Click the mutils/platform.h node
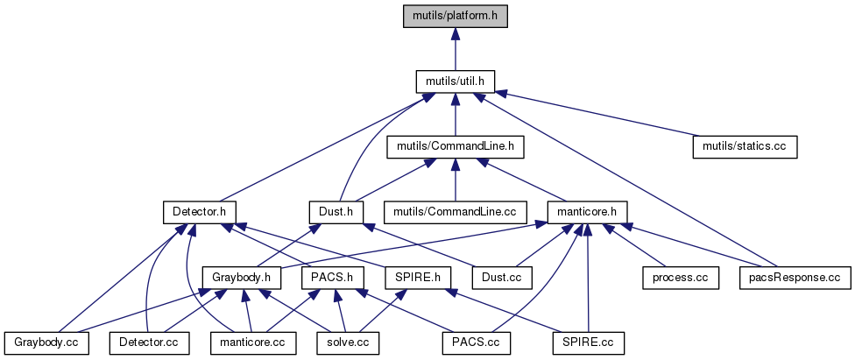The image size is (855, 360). [455, 16]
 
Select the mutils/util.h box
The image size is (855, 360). [455, 81]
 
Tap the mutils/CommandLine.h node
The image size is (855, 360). [455, 146]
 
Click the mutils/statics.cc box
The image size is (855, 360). [745, 146]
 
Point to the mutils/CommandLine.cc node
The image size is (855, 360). [455, 211]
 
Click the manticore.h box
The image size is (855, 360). [584, 211]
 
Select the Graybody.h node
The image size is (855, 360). [241, 277]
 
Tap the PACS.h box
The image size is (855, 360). [332, 277]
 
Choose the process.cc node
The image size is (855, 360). [680, 277]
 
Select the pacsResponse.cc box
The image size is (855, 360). [795, 277]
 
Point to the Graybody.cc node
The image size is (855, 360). [46, 342]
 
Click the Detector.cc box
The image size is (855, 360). [149, 342]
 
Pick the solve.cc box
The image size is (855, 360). [348, 342]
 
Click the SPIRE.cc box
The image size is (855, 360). [588, 342]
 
